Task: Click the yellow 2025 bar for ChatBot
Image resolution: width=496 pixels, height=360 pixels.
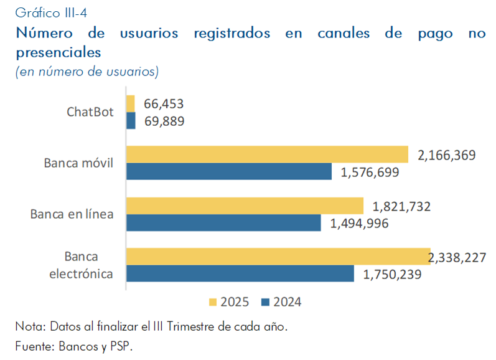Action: (x=131, y=103)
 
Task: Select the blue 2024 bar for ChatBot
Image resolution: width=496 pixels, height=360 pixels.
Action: (x=131, y=120)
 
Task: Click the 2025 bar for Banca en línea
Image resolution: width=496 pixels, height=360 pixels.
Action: (x=245, y=206)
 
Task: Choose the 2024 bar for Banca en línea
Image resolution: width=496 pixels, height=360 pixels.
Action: (x=223, y=222)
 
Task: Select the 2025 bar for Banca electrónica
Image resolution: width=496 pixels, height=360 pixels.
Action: (x=278, y=257)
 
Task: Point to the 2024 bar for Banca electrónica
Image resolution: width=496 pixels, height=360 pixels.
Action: (x=240, y=273)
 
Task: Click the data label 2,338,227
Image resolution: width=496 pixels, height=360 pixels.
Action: (x=457, y=257)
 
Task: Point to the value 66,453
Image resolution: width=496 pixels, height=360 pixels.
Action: (x=164, y=103)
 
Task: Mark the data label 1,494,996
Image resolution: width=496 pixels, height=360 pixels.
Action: (x=358, y=223)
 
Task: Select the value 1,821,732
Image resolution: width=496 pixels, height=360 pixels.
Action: (x=401, y=206)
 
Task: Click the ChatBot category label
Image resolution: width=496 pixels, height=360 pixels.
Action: (x=90, y=112)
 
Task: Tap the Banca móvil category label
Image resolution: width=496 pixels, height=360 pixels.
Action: (x=79, y=163)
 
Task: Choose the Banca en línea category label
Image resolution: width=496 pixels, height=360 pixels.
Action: (x=72, y=214)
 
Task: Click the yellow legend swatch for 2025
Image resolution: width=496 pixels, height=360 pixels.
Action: (x=212, y=302)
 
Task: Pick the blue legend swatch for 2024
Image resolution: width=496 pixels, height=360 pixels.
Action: (x=265, y=302)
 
